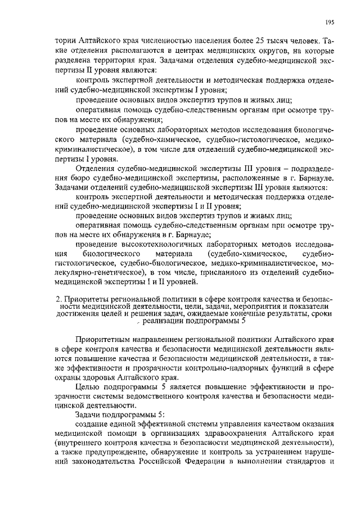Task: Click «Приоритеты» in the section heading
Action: tap(88, 299)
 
